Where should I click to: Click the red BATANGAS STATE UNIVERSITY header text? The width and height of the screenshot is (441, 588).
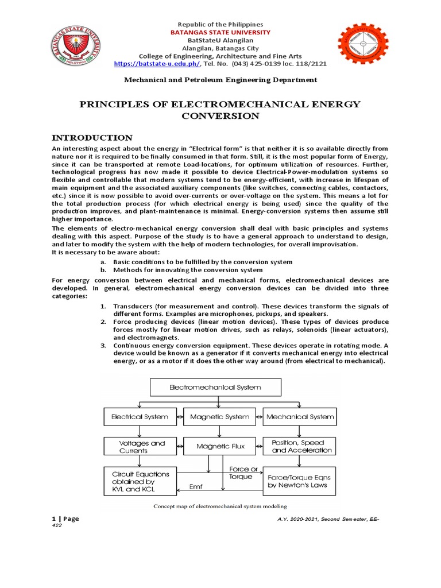click(220, 33)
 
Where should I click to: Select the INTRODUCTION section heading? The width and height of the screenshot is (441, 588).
click(92, 138)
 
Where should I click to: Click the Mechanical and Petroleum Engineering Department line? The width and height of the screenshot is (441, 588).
click(220, 80)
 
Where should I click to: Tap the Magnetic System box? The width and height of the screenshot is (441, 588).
click(219, 416)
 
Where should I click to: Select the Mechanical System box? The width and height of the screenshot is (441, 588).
click(300, 416)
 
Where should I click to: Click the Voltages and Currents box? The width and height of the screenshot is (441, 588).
click(141, 447)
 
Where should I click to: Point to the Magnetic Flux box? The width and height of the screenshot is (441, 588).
click(219, 446)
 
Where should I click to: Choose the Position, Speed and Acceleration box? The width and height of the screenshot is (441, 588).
click(300, 447)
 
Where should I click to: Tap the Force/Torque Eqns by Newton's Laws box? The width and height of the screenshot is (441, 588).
click(299, 481)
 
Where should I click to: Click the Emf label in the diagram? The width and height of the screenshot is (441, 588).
click(196, 487)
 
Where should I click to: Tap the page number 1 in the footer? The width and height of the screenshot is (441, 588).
click(54, 519)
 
